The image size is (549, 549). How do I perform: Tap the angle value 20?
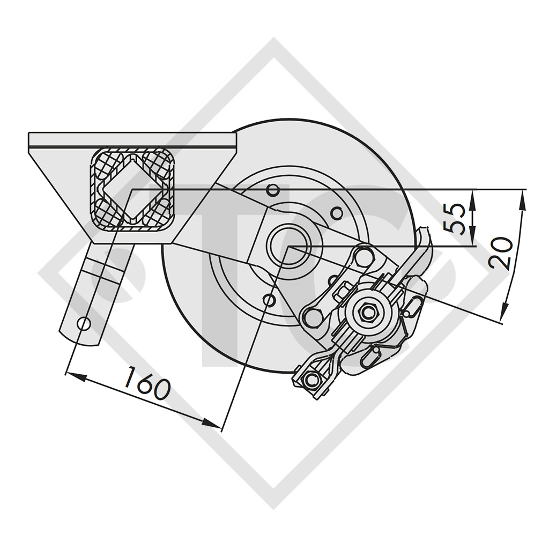point(502,253)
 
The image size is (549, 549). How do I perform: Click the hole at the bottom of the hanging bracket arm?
point(84,323)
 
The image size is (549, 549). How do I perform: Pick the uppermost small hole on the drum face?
point(273,189)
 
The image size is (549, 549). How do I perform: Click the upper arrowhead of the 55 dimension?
point(472,195)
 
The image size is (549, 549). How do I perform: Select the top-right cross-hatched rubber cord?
point(159,161)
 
